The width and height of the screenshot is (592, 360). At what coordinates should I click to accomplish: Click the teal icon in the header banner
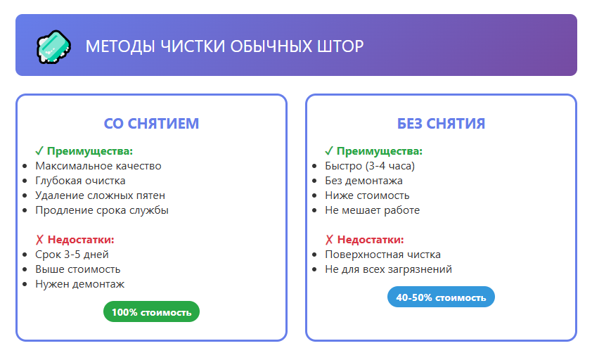(53, 46)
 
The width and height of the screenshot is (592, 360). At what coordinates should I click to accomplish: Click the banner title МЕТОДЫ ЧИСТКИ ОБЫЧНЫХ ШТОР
(224, 46)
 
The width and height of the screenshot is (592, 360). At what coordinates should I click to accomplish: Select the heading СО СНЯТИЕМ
(151, 124)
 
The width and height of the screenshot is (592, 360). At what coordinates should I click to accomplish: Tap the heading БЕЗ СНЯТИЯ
(441, 124)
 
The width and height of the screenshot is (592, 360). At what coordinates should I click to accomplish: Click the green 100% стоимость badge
(151, 311)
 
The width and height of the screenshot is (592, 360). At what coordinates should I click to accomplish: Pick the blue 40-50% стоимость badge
(441, 297)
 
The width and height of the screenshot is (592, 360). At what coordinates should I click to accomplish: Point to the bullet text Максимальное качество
(98, 166)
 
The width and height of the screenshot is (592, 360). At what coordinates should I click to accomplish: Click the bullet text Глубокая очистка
(80, 181)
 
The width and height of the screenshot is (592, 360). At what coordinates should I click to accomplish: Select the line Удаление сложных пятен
(100, 195)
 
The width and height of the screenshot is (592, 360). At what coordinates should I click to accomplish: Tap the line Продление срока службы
(102, 210)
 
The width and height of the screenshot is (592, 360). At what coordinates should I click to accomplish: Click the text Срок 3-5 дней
(72, 255)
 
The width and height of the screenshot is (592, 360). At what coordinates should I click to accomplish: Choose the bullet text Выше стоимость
(77, 269)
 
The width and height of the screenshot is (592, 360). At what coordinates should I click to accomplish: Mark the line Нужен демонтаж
(80, 284)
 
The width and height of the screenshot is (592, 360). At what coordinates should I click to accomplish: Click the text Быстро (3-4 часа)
(370, 166)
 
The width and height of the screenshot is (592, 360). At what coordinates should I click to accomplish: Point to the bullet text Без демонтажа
(363, 181)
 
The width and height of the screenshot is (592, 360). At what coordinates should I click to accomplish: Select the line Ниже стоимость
(367, 195)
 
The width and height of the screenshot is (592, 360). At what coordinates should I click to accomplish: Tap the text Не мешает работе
(372, 210)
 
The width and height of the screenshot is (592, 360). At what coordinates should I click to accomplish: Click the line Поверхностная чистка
(382, 255)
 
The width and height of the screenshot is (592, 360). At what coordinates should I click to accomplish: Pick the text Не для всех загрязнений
(388, 269)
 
